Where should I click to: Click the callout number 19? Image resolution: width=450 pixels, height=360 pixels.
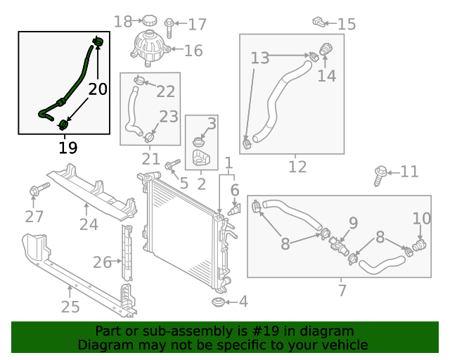click(68, 148)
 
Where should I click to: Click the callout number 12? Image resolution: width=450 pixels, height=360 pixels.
click(297, 167)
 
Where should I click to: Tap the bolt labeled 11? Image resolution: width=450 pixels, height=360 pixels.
click(380, 172)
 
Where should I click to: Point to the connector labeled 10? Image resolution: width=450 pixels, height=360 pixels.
click(419, 246)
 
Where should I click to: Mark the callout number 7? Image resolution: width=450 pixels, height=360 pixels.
click(342, 290)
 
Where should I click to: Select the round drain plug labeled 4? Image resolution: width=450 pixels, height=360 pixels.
click(219, 302)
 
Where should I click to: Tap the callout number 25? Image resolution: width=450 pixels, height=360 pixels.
click(70, 307)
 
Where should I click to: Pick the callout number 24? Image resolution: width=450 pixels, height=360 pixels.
click(89, 225)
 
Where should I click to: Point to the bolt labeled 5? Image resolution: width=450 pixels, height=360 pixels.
click(170, 166)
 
